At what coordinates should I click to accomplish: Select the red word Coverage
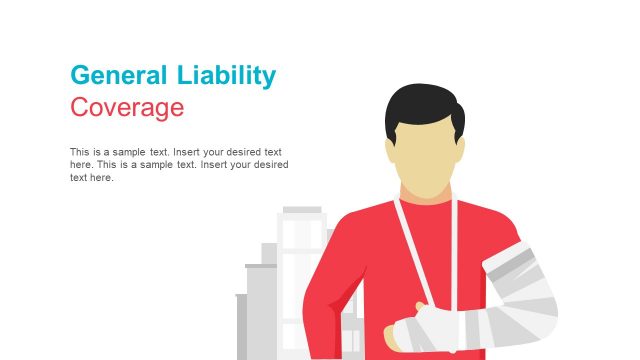[127, 107]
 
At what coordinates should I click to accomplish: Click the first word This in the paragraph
[80, 152]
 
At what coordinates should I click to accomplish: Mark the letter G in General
[80, 75]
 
